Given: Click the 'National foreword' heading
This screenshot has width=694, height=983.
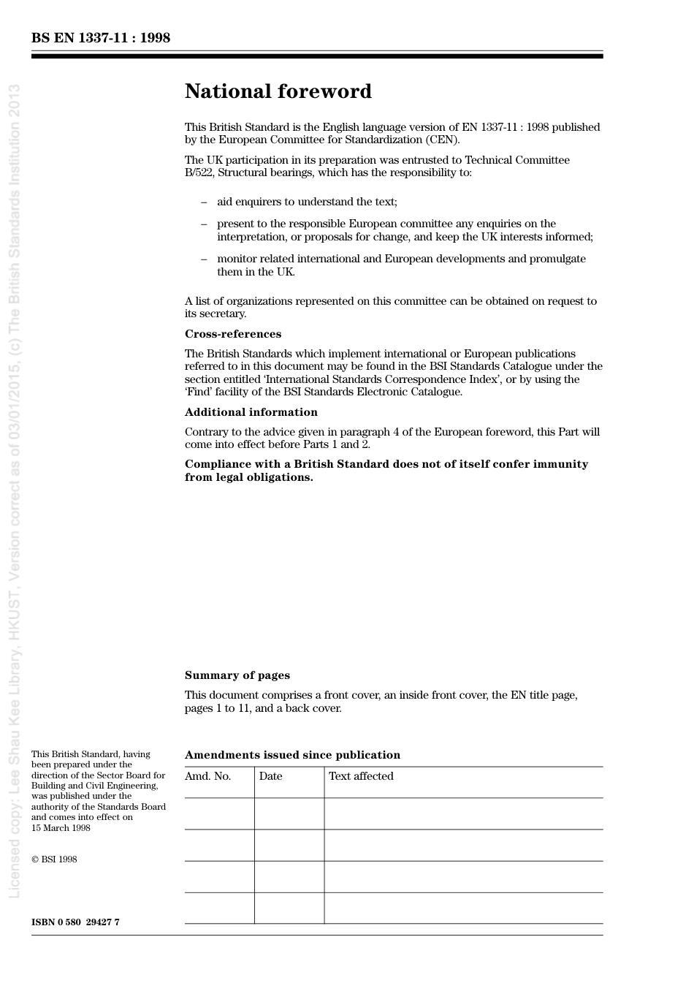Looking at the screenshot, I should point(278,91).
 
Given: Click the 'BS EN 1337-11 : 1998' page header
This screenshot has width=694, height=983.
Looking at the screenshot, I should point(101,38).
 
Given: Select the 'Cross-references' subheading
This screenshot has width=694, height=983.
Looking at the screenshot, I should point(232,334).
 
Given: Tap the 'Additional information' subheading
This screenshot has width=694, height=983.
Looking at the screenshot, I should point(251,412).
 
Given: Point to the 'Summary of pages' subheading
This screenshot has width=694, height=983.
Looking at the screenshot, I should point(237,675).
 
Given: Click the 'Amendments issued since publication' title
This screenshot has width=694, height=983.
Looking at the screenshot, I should point(292,755).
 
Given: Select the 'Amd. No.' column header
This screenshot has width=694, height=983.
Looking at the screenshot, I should point(207,776).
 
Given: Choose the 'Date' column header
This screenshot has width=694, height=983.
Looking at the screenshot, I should point(270,776).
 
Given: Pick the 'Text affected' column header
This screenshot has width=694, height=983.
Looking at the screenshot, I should point(361,776).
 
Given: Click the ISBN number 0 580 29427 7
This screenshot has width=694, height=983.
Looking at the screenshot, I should point(75,922).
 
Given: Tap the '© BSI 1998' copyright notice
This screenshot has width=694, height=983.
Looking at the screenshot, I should point(54,859).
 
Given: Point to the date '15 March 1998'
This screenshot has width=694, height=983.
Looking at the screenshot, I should point(61,828).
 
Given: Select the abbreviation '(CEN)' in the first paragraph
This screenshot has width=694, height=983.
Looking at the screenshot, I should point(443,140).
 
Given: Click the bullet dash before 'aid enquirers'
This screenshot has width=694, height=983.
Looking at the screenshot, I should point(204,202).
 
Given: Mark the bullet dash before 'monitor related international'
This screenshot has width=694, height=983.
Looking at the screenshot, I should point(204,259).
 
